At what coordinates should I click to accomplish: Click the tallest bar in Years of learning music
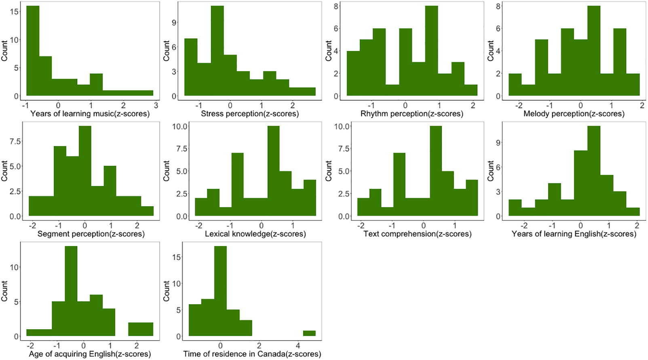[x=33, y=51]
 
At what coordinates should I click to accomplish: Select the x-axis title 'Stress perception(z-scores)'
[x=250, y=114]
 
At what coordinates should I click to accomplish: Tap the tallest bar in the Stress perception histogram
[x=217, y=51]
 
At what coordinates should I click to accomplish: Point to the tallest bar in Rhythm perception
[x=431, y=51]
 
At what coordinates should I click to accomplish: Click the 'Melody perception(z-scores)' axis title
[x=574, y=114]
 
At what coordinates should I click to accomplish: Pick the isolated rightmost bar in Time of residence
[x=309, y=333]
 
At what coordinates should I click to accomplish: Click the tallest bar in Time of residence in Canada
[x=220, y=291]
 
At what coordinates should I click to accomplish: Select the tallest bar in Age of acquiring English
[x=71, y=291]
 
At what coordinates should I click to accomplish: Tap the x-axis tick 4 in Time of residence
[x=298, y=345]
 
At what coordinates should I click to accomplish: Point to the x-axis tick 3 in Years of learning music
[x=156, y=105]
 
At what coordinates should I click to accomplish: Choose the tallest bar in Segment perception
[x=85, y=171]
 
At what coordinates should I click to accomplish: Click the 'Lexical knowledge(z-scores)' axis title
[x=255, y=234]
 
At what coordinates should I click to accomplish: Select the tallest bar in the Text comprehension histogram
[x=436, y=171]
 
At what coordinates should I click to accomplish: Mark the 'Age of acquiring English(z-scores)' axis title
[x=90, y=354]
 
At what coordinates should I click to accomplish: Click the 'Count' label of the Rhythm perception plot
[x=329, y=51]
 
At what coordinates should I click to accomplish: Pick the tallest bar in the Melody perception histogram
[x=594, y=51]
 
